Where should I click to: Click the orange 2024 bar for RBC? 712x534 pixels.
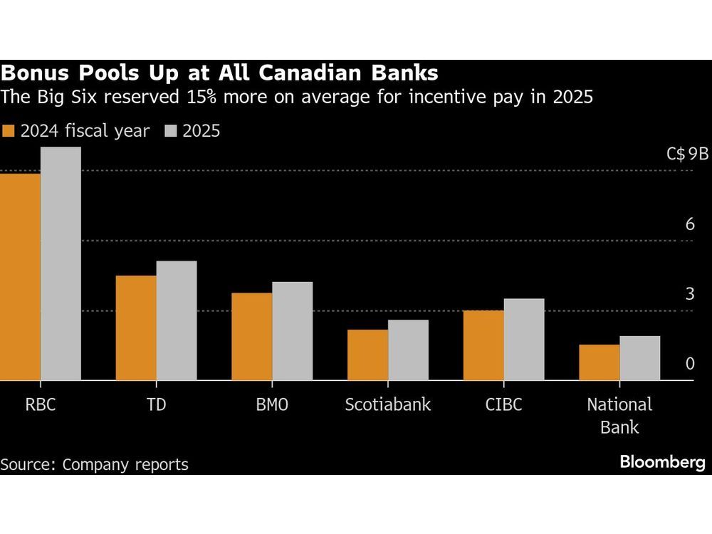tap(20, 278)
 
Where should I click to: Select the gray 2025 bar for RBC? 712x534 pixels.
tap(61, 264)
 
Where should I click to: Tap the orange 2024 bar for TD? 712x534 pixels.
tap(136, 328)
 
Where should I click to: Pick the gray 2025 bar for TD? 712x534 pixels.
tap(177, 321)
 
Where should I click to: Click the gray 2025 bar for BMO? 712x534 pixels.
tap(292, 332)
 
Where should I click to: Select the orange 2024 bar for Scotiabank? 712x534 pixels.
tap(367, 355)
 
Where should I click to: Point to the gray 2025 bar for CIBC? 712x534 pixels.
tap(524, 340)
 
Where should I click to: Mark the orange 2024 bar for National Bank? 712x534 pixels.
tap(600, 363)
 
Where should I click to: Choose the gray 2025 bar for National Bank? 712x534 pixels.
tap(640, 359)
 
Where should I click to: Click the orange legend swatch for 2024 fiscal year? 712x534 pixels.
tap(9, 131)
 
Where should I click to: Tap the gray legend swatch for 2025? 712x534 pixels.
tap(171, 131)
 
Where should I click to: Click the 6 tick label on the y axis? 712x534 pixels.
tap(689, 224)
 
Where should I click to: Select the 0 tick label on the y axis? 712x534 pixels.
tap(689, 364)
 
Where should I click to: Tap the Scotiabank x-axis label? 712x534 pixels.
tap(387, 405)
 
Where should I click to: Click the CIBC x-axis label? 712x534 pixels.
tap(503, 405)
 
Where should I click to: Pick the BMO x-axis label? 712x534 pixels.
tap(271, 405)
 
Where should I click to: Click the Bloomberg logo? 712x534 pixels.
tap(662, 463)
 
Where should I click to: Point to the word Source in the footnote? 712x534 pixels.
tap(27, 465)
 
